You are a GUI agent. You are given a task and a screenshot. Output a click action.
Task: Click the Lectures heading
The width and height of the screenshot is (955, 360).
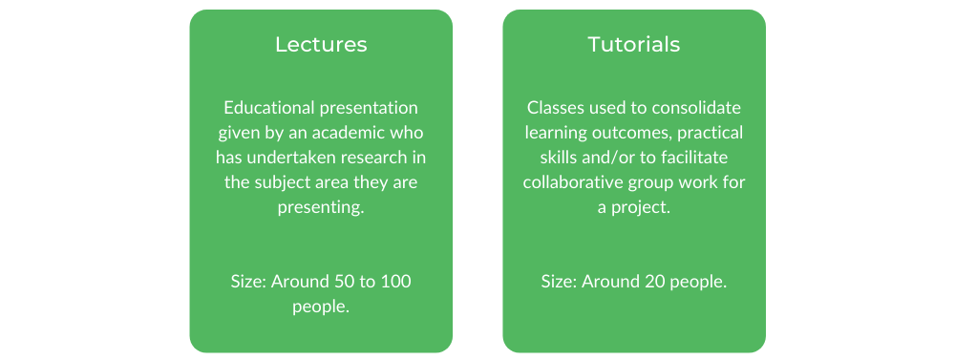click(321, 45)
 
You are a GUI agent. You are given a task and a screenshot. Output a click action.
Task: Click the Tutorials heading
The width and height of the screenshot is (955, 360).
click(634, 45)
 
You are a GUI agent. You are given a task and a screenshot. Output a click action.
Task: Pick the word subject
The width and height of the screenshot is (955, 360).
click(303, 181)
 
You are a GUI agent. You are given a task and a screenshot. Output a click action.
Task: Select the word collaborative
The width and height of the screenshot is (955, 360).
click(575, 181)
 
